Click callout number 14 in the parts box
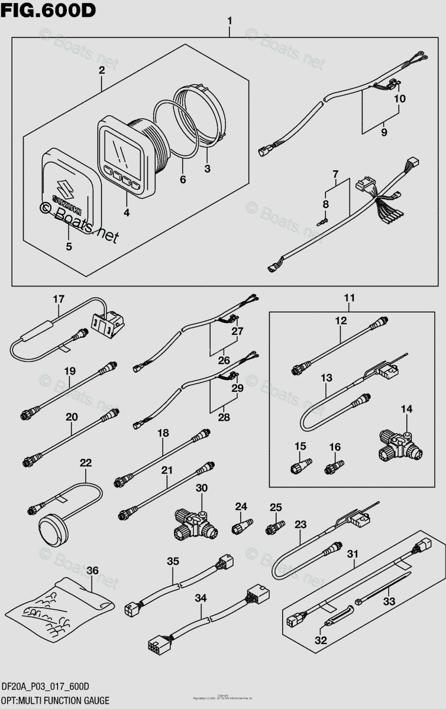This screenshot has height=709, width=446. [407, 409]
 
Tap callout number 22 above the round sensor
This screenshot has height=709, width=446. [86, 462]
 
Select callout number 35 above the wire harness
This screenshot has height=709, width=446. [172, 562]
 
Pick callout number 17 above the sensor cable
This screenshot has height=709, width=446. [57, 299]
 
